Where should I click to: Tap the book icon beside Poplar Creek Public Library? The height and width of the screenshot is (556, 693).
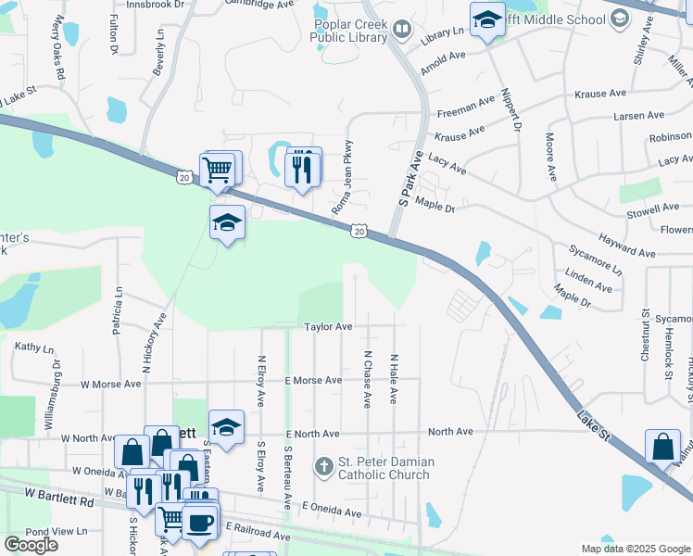pyautogui.click(x=402, y=30)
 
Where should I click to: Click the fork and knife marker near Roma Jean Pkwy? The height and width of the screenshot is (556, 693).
pyautogui.click(x=302, y=168)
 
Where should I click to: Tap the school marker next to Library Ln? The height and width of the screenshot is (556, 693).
pyautogui.click(x=486, y=20)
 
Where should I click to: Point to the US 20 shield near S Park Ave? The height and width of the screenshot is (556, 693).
pyautogui.click(x=359, y=229)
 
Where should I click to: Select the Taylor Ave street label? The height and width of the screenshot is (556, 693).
pyautogui.click(x=329, y=327)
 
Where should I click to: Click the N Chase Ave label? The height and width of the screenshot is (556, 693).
pyautogui.click(x=368, y=379)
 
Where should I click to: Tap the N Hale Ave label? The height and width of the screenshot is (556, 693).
pyautogui.click(x=394, y=379)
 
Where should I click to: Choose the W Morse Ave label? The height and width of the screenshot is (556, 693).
pyautogui.click(x=110, y=383)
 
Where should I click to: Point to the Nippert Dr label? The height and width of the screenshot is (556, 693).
pyautogui.click(x=510, y=110)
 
